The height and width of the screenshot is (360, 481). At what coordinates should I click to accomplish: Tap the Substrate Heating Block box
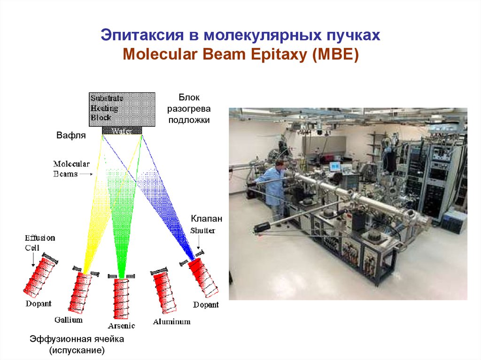click(122, 108)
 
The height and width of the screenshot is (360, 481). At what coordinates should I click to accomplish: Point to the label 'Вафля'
click(71, 136)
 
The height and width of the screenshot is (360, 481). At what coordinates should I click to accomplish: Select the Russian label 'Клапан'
click(206, 219)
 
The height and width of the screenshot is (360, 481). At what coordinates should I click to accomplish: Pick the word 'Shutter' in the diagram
click(203, 230)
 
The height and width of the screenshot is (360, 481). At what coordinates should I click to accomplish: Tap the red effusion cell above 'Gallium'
click(81, 293)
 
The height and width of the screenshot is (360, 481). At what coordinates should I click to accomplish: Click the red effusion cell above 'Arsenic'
click(121, 299)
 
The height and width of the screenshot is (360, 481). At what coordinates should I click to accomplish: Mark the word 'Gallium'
click(68, 320)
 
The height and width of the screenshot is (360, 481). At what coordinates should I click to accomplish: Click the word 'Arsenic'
click(121, 326)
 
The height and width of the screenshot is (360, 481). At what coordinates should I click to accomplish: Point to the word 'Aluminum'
click(171, 322)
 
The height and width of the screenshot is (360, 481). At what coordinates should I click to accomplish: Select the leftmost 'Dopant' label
click(39, 304)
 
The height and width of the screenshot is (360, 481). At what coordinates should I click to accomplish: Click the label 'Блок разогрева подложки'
click(189, 108)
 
